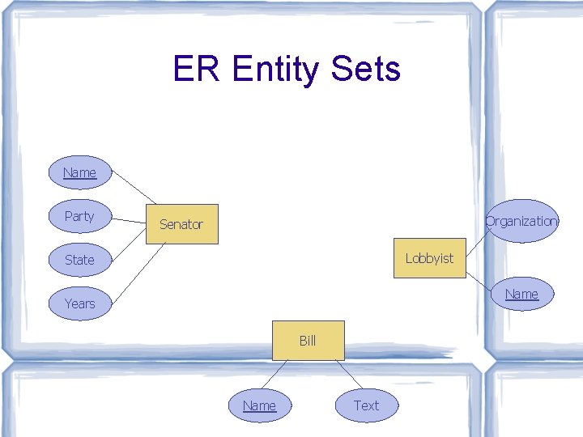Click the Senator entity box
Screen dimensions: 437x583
(x=181, y=224)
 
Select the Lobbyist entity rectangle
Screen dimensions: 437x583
(x=429, y=258)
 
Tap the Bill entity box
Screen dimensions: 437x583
(x=308, y=341)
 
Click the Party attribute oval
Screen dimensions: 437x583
(x=79, y=216)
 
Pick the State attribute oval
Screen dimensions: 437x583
(x=79, y=260)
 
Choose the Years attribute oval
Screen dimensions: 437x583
(x=79, y=303)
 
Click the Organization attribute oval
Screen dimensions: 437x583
(x=522, y=221)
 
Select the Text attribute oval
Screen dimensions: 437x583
(x=366, y=405)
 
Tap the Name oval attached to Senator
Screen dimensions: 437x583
(x=79, y=172)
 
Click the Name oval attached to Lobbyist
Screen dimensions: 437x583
(x=521, y=294)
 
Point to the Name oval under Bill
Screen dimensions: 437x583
(x=259, y=405)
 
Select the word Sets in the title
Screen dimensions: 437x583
(x=365, y=70)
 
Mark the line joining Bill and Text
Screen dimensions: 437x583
(x=349, y=374)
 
